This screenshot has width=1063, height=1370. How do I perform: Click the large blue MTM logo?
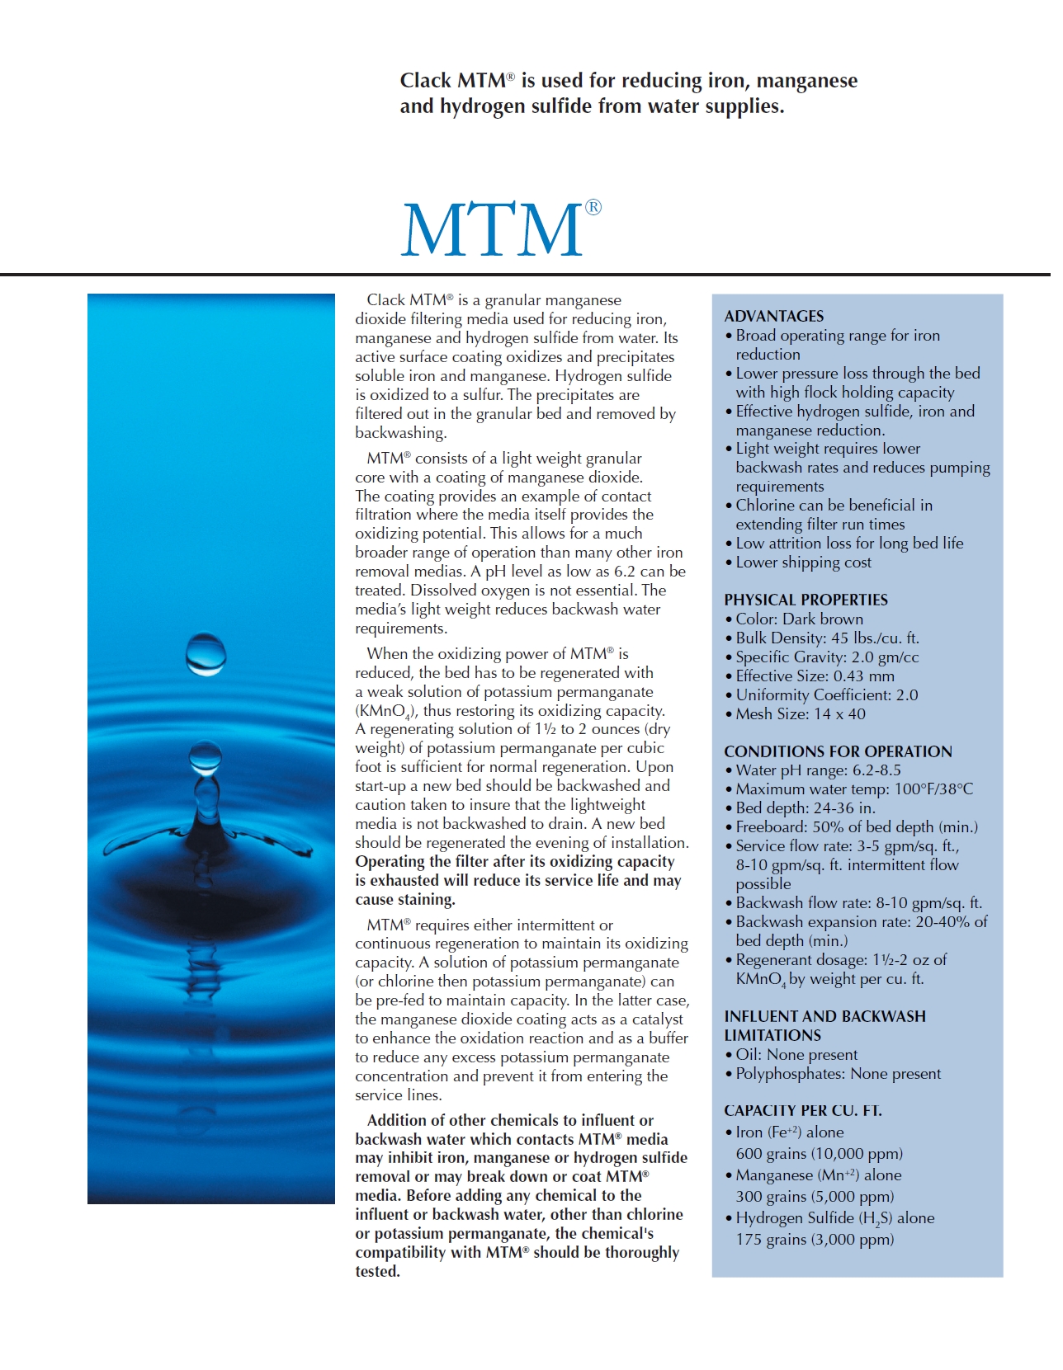click(492, 228)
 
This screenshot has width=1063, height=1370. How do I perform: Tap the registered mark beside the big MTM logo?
click(593, 208)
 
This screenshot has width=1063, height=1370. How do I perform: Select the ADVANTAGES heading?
click(773, 316)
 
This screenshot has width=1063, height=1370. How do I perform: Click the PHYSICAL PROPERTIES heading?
click(806, 600)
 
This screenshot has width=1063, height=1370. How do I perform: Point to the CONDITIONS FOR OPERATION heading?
click(838, 751)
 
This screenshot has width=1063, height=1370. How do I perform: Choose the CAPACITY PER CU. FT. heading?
click(802, 1110)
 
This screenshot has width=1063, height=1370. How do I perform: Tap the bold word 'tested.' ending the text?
click(377, 1271)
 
